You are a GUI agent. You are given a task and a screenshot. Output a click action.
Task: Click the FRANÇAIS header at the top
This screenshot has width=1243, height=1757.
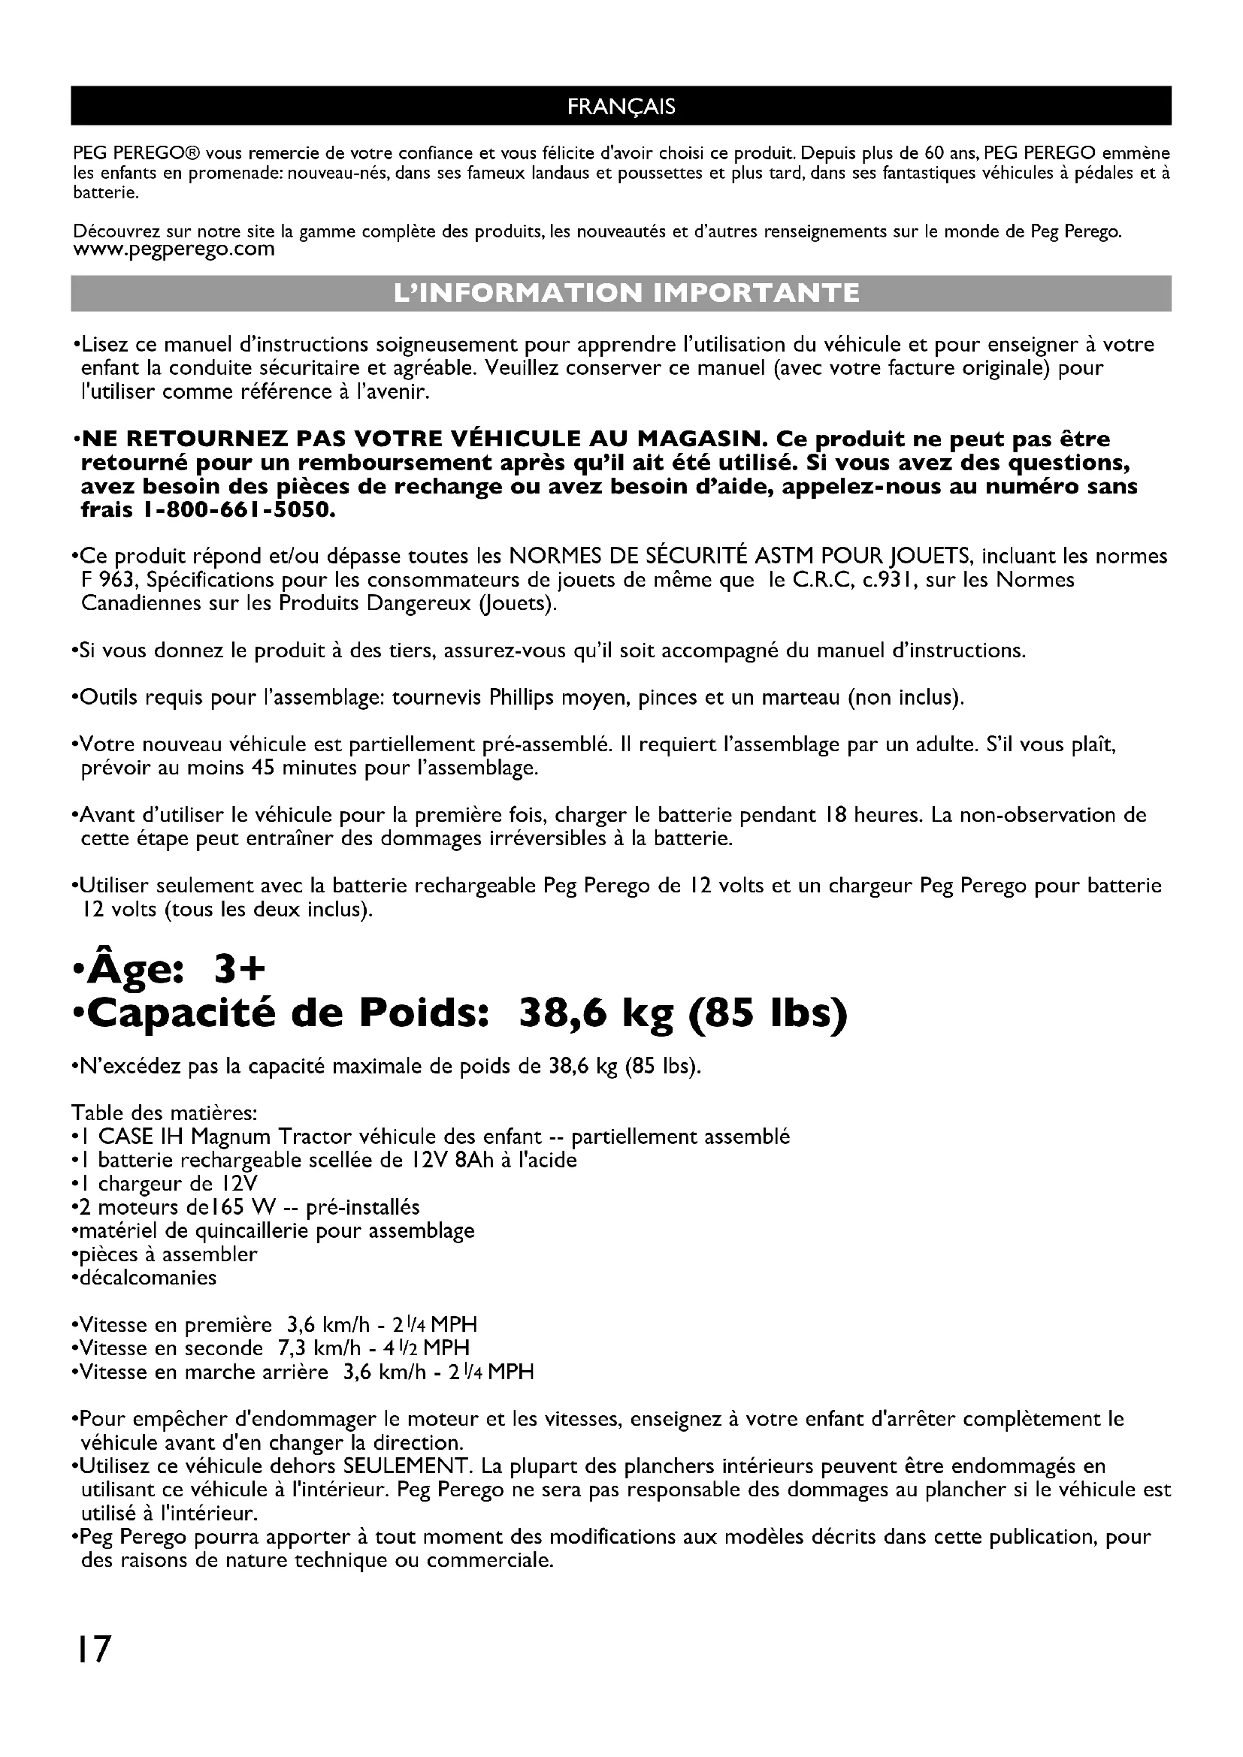621,106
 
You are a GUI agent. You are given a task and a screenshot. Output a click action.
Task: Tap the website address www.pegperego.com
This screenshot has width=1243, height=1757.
174,249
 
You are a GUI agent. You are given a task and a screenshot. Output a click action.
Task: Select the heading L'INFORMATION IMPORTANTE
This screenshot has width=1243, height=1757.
621,293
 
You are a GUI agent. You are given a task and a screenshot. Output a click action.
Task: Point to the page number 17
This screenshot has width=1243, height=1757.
92,1649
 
